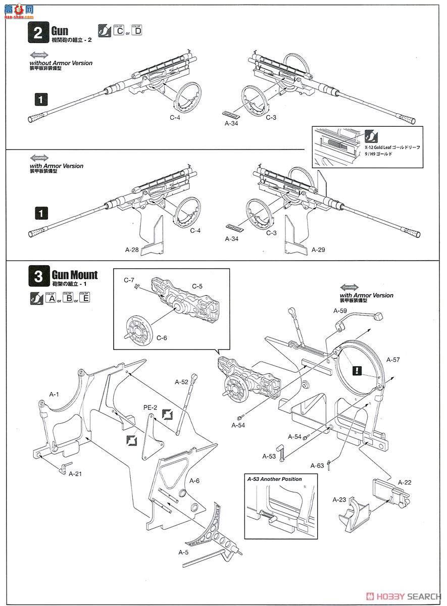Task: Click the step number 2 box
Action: pos(38,35)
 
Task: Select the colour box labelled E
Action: pos(84,298)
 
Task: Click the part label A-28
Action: pos(132,249)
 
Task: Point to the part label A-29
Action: pos(318,249)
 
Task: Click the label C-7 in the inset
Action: pos(129,279)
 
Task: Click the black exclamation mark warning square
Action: pos(358,371)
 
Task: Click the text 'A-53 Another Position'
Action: pos(275,479)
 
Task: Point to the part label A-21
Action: pos(75,474)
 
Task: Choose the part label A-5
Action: pos(184,552)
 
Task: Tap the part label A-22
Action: pos(404,482)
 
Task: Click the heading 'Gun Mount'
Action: pos(75,276)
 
